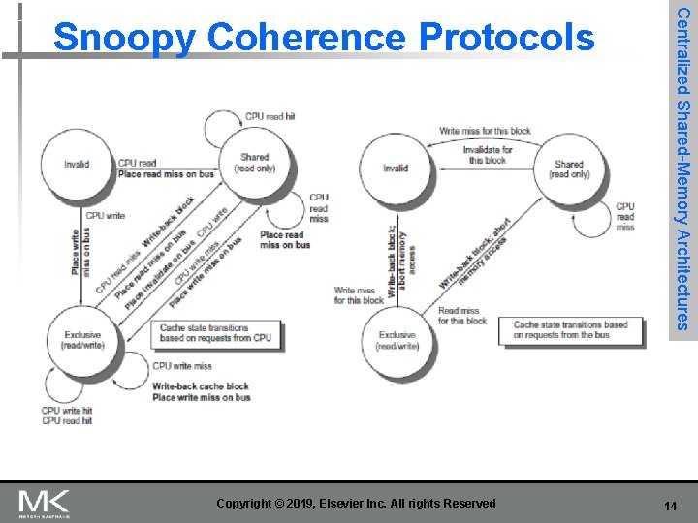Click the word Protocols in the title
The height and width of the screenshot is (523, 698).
[506, 38]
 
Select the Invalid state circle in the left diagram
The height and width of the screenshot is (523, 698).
[77, 165]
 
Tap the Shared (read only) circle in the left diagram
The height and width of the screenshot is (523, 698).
[254, 164]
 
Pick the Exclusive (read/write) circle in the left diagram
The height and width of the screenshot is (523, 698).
[81, 339]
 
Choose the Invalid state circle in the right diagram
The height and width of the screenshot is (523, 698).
[396, 169]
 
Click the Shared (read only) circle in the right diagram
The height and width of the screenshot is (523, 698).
[568, 169]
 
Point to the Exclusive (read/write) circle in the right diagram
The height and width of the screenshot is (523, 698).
[397, 340]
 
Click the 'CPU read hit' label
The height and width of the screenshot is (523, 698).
[270, 116]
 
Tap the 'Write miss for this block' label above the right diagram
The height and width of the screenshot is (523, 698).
[485, 131]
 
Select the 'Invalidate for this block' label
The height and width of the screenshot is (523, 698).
[488, 155]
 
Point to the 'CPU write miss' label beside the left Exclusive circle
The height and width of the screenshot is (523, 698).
[182, 366]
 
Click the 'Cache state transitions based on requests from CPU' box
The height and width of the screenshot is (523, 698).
[215, 333]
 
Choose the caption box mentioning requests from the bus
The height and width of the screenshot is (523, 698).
[570, 330]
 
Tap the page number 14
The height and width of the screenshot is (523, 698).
[669, 506]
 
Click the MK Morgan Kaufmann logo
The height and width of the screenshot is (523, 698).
[45, 504]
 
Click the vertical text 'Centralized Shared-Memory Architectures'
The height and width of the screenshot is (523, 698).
[683, 168]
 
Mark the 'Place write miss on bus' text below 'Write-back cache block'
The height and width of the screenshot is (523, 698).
[202, 397]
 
